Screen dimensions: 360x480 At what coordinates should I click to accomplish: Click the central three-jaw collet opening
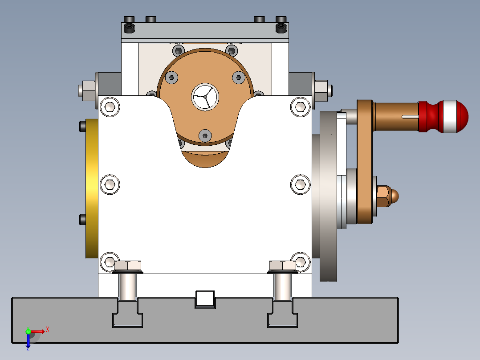point(205,96)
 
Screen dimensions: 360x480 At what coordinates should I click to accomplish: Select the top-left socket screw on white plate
point(110,107)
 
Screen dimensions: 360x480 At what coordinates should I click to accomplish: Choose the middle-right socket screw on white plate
point(301,184)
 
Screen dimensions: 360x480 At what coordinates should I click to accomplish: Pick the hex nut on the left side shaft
point(87,90)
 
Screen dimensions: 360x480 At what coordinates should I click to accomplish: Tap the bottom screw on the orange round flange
point(204,135)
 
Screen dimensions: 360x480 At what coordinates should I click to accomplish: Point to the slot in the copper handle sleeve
point(410,117)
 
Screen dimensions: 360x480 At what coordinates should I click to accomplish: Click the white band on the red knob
point(447,117)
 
